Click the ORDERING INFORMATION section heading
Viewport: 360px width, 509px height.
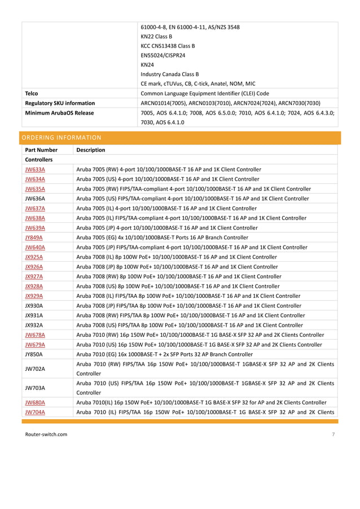(61, 137)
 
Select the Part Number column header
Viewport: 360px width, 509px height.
(41, 150)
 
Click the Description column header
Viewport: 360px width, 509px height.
(90, 150)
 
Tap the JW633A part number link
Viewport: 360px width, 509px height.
(35, 169)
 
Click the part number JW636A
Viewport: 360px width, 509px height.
(35, 199)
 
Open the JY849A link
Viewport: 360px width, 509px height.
(34, 238)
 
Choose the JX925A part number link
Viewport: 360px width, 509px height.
(34, 257)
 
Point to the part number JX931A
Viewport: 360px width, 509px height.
(34, 315)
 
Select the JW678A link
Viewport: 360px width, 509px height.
(35, 335)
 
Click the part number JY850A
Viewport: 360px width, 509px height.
(34, 354)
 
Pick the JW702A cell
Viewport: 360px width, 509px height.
(35, 369)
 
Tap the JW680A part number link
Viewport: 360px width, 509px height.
(35, 403)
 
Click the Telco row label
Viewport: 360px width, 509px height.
(32, 93)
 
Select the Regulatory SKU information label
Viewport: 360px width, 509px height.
(60, 103)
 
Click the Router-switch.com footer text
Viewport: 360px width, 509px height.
(47, 434)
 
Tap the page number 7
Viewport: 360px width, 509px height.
(333, 434)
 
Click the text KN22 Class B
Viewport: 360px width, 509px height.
(156, 37)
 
